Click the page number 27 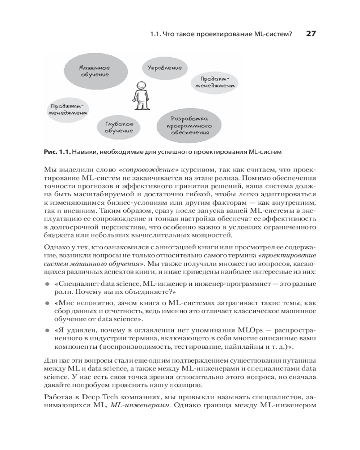(311, 34)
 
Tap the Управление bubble (165, 68)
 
